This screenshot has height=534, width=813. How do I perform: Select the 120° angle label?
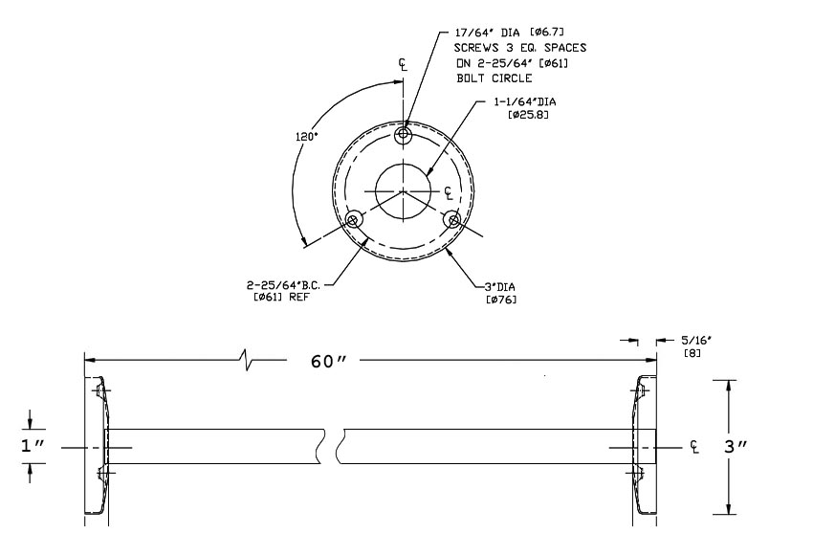point(306,136)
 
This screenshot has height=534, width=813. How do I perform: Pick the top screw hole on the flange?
point(404,136)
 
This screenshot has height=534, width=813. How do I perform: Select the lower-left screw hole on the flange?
point(354,221)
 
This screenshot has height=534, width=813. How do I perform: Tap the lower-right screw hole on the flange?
point(452,220)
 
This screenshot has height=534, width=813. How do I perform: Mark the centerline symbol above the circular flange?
point(404,64)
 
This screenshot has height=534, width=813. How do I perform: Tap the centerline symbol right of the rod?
point(694,447)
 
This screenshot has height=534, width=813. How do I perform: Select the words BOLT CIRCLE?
point(494,78)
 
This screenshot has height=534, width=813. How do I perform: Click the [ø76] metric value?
point(502,300)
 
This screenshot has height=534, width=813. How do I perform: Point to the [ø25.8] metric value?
point(528,115)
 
